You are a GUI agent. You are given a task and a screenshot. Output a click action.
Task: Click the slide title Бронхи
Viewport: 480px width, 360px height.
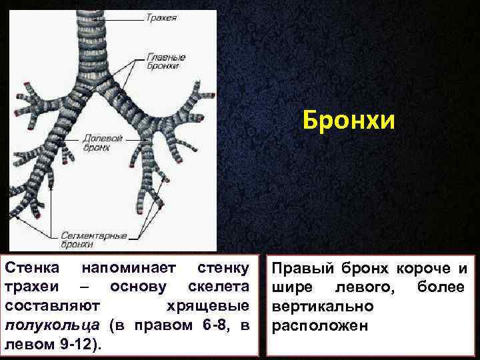pos(349,121)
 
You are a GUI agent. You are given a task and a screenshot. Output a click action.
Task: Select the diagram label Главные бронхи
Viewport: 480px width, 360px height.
pos(166,62)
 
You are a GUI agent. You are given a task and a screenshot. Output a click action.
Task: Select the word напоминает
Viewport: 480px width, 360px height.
pos(127,268)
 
